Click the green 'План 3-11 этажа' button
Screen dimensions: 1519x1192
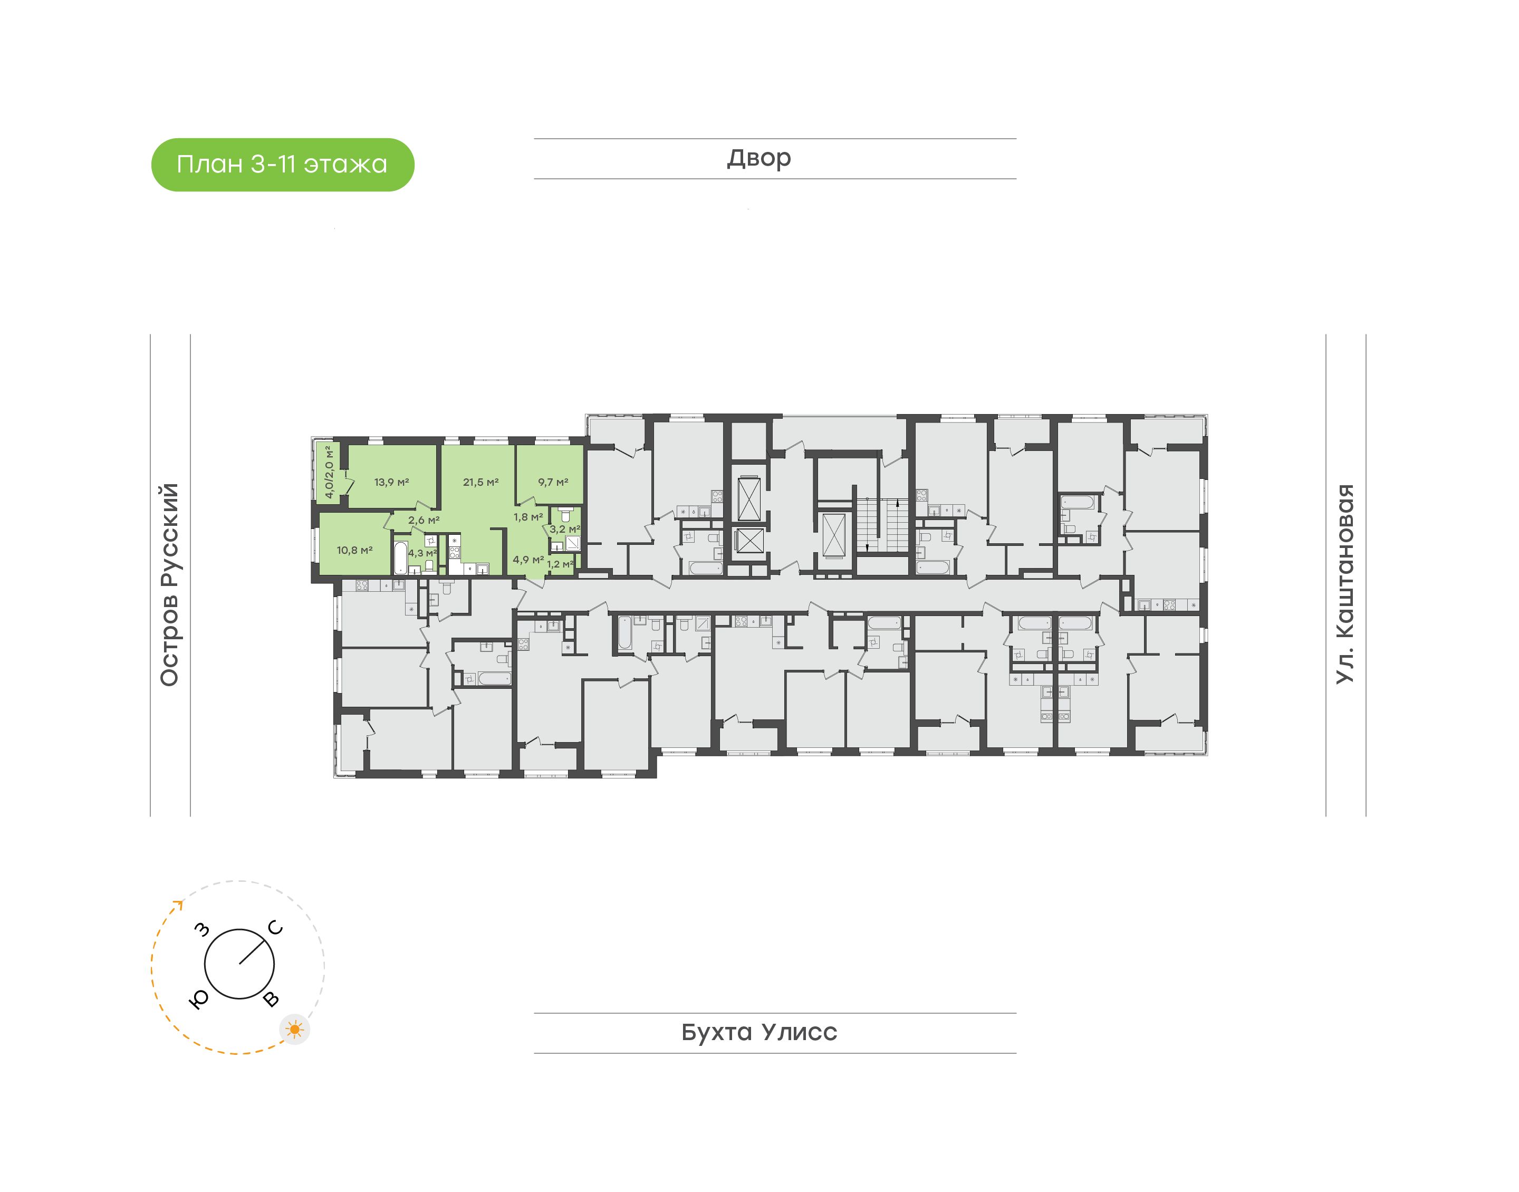(x=283, y=165)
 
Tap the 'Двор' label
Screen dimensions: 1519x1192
(x=759, y=158)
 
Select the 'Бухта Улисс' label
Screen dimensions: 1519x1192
(x=759, y=1032)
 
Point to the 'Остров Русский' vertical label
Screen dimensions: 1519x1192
(x=169, y=585)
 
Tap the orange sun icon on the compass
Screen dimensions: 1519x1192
(x=295, y=1030)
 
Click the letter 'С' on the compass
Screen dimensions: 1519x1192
(x=276, y=928)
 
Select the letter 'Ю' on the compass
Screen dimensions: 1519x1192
(x=199, y=1000)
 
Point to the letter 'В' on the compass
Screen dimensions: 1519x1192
(x=272, y=999)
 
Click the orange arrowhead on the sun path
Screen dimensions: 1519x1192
(x=179, y=905)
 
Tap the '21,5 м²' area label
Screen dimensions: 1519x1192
(x=480, y=482)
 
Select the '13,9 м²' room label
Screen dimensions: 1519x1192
(x=391, y=482)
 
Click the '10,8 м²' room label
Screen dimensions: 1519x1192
(x=354, y=551)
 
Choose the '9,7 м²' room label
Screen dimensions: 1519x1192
(x=553, y=482)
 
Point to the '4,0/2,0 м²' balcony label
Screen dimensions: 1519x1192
(x=329, y=472)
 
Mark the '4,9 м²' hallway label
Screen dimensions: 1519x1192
(x=528, y=560)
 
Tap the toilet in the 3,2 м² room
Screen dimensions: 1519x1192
(x=565, y=515)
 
